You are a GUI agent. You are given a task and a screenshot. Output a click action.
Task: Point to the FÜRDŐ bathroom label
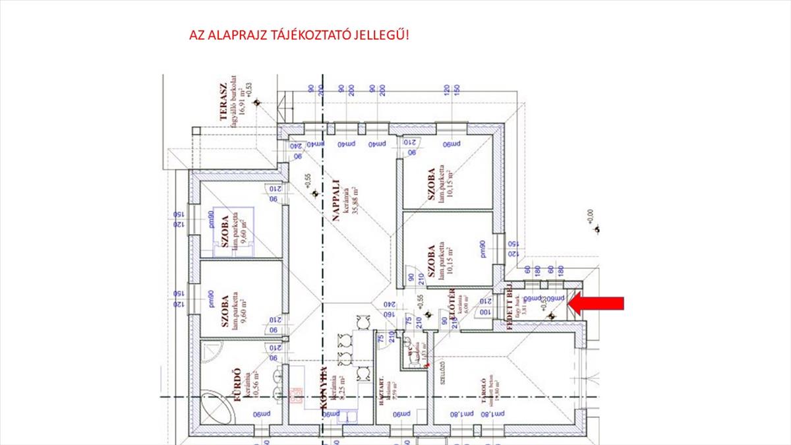tap(234, 387)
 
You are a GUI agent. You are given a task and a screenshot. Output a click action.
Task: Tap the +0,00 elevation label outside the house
tap(590, 216)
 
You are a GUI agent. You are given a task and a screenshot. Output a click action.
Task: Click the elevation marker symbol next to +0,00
tap(597, 229)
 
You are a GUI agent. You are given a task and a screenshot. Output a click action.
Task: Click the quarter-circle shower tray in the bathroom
tap(210, 349)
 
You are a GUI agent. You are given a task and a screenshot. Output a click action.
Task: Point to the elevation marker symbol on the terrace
tap(258, 102)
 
